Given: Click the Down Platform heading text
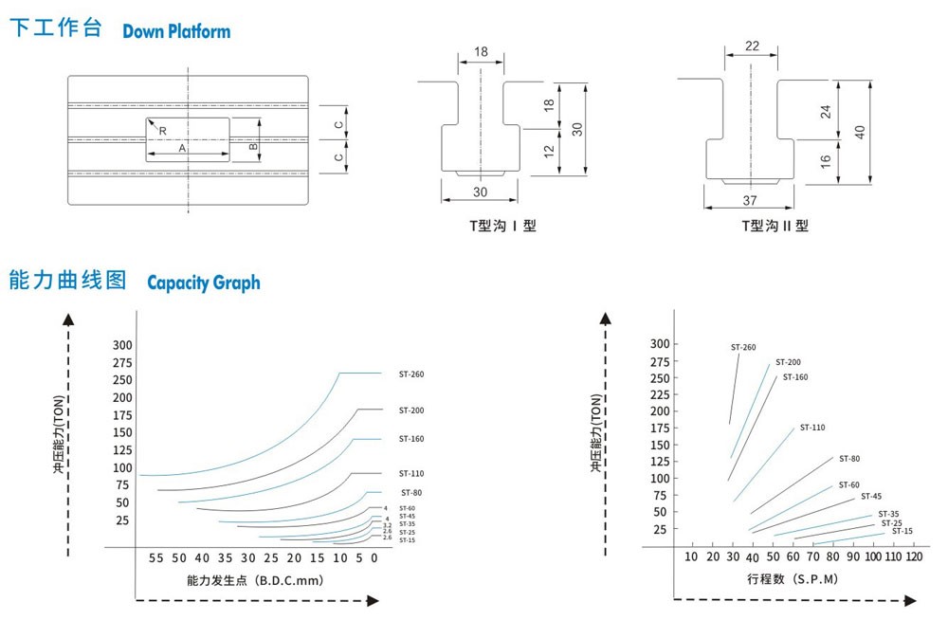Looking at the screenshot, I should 176,31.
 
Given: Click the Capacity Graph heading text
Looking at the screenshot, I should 203,283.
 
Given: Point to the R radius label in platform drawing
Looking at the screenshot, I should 163,130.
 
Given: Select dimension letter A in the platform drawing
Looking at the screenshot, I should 182,149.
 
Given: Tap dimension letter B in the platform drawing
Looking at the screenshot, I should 252,147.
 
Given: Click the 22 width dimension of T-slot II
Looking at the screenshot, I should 753,46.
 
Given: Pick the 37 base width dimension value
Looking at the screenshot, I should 750,200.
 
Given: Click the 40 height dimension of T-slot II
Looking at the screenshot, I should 860,132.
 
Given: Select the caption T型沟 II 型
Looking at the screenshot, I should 775,226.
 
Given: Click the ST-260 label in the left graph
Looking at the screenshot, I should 411,374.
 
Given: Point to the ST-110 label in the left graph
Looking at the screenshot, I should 411,473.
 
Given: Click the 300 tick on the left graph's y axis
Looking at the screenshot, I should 122,345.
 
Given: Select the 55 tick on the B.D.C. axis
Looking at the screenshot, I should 155,558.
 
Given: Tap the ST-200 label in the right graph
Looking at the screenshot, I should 788,362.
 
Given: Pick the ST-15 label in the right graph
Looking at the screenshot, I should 902,531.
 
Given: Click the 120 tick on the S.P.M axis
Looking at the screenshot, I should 914,556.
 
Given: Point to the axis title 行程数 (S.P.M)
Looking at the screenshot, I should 792,578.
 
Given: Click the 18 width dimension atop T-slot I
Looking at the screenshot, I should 482,51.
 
